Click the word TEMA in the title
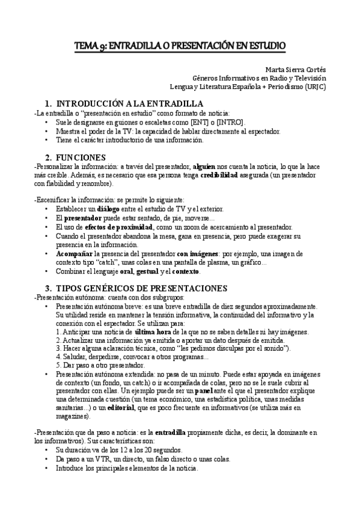(x=86, y=45)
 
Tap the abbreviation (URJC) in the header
(x=315, y=86)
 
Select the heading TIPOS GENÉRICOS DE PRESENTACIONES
(x=141, y=288)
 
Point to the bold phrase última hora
(x=154, y=331)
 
